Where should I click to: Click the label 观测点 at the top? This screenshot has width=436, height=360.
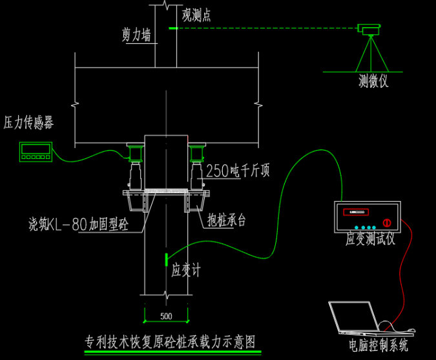tap(197, 14)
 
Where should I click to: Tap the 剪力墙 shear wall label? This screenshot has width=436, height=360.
tap(136, 34)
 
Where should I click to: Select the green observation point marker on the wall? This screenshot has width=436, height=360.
tap(172, 28)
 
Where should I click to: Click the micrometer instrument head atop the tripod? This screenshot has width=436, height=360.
tap(369, 28)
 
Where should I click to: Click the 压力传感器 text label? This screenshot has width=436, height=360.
tap(28, 123)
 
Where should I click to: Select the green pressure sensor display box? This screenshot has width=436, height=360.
tap(36, 151)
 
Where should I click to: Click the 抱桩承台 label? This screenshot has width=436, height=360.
tap(227, 220)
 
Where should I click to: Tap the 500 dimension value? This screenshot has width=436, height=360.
tap(166, 316)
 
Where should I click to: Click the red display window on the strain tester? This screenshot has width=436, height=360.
tap(358, 212)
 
